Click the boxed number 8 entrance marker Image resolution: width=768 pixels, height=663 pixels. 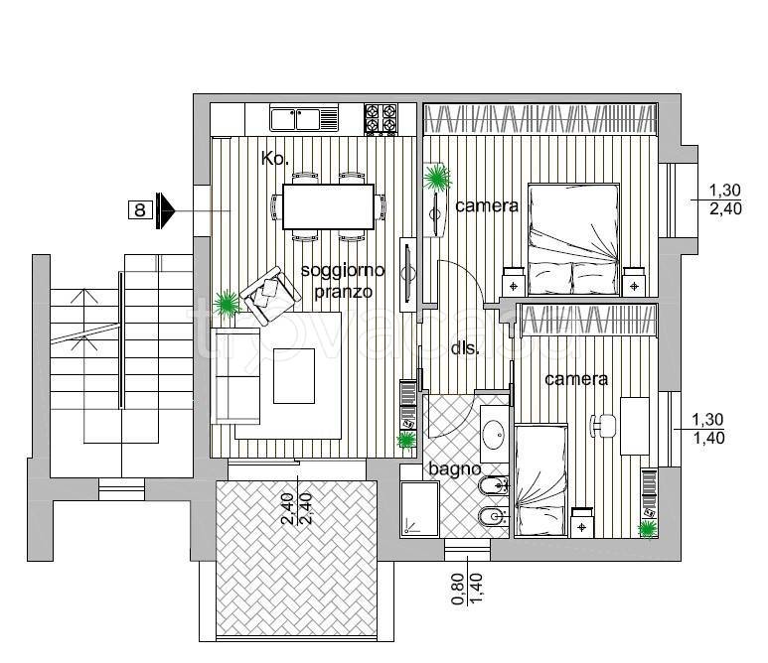coord(140,210)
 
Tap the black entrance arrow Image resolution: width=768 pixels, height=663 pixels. coord(166,210)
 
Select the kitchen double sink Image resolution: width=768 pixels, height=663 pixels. coord(304,119)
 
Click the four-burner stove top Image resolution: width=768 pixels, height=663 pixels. coord(381,119)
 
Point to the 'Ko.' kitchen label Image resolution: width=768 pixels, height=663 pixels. coord(275,159)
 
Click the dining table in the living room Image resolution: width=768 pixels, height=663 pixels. coord(328,207)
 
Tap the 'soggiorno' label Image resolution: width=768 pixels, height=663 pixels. coord(343,270)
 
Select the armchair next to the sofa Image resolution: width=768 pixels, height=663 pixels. coord(270,295)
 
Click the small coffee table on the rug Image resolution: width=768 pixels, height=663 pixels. coord(294,376)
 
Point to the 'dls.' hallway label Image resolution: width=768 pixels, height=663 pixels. coord(464,348)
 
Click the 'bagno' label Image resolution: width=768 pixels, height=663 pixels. coord(454,469)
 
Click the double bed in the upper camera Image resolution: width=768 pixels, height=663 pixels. coord(573,240)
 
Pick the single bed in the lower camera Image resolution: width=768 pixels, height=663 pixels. coord(541,480)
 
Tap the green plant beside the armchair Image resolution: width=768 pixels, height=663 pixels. coord(227,304)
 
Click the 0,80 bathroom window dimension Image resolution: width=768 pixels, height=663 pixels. coord(457,590)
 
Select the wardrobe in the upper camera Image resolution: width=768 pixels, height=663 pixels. coord(540,119)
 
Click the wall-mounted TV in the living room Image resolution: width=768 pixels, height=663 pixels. coord(407,274)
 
